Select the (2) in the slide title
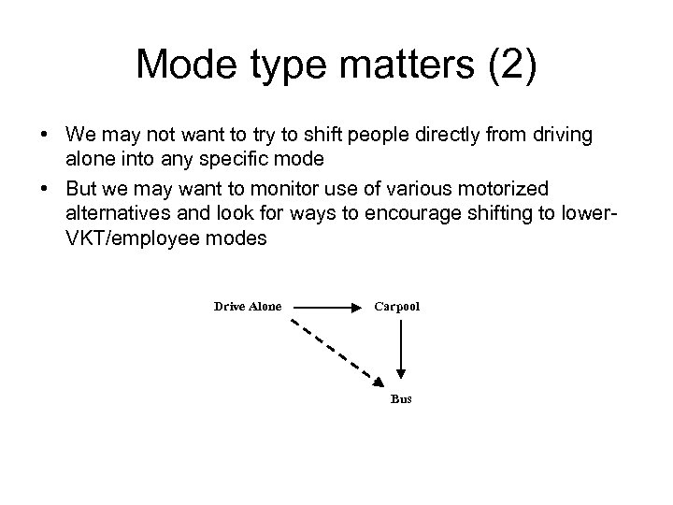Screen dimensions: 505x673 coord(510,65)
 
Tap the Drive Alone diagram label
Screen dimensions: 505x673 coord(247,306)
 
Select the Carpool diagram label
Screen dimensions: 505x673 coord(397,306)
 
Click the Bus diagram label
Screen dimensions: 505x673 coord(401,399)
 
